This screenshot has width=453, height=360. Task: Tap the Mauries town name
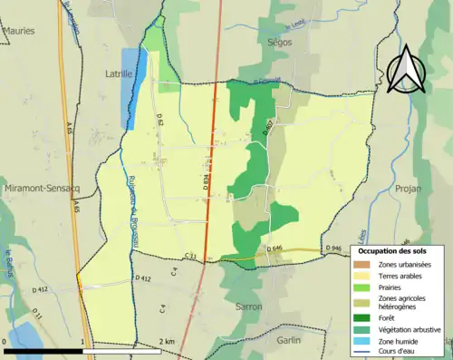[x=19, y=30]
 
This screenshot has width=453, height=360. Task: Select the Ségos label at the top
[x=283, y=41]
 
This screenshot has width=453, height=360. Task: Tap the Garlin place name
[x=289, y=341]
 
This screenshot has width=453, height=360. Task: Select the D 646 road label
[x=276, y=248]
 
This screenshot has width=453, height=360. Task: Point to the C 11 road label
[x=190, y=258]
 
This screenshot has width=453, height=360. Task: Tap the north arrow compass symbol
[x=405, y=70]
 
